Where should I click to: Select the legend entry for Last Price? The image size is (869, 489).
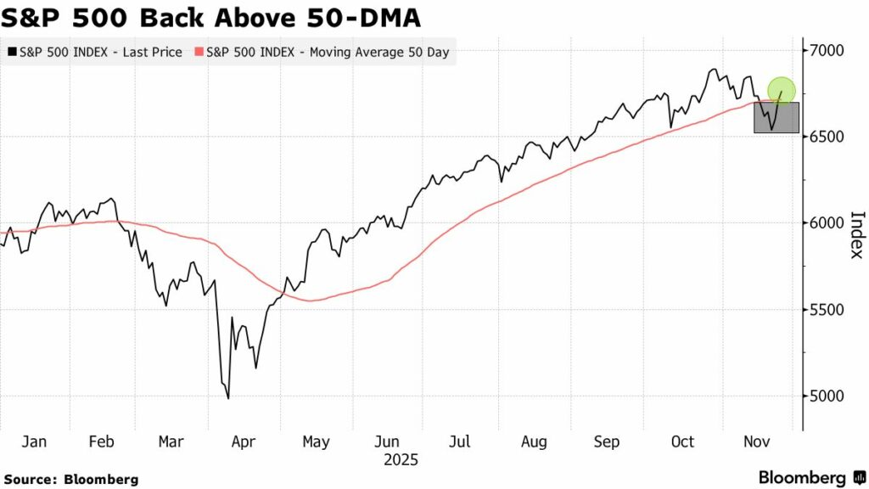pos(94,52)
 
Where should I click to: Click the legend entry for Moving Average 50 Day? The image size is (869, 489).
pos(322,52)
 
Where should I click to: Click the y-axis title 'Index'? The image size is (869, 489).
pos(856,235)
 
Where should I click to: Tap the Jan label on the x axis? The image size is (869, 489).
pos(34,441)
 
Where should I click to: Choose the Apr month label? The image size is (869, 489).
pos(244,441)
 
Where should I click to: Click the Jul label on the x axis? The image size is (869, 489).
pos(459,441)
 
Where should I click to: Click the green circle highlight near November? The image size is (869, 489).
pos(782,89)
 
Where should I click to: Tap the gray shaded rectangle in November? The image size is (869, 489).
pos(776,117)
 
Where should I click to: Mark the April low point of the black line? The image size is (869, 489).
pos(227,398)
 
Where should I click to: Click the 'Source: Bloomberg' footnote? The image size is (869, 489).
pos(70,480)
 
